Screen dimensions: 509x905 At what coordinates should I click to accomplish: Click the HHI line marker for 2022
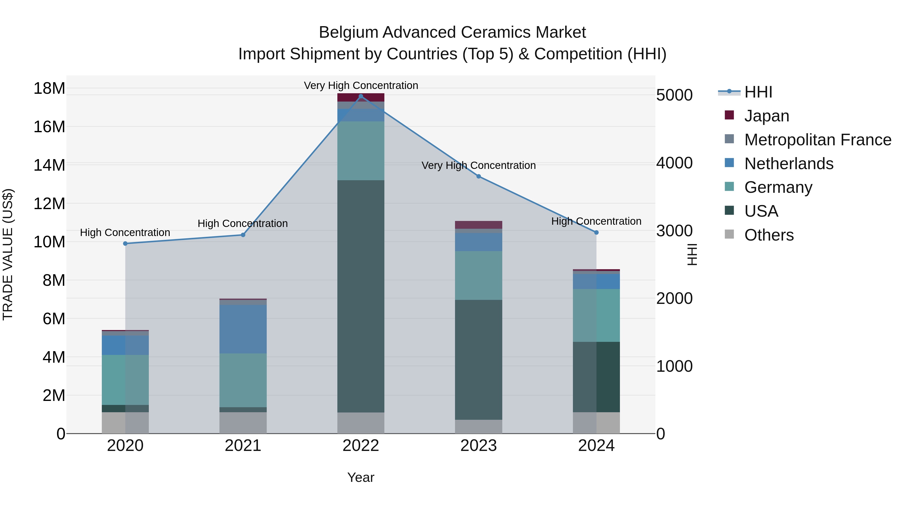[360, 96]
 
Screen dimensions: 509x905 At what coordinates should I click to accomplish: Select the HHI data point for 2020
[125, 243]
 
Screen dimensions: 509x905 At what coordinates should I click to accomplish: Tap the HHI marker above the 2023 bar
[478, 176]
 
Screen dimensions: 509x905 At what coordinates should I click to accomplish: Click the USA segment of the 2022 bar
[360, 296]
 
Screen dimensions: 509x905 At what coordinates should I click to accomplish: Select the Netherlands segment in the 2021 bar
[243, 329]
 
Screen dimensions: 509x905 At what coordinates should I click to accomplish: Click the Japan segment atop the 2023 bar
[478, 225]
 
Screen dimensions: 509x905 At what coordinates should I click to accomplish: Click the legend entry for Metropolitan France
[818, 140]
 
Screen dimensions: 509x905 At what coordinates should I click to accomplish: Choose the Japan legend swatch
[729, 115]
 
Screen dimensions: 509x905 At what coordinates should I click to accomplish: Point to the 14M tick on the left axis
[49, 165]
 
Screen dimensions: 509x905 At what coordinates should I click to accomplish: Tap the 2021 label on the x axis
[243, 446]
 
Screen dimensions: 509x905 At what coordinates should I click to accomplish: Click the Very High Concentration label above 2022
[361, 85]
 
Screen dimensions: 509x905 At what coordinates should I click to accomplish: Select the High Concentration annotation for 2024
[596, 221]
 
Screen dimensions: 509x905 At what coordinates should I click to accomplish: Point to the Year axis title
[360, 477]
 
